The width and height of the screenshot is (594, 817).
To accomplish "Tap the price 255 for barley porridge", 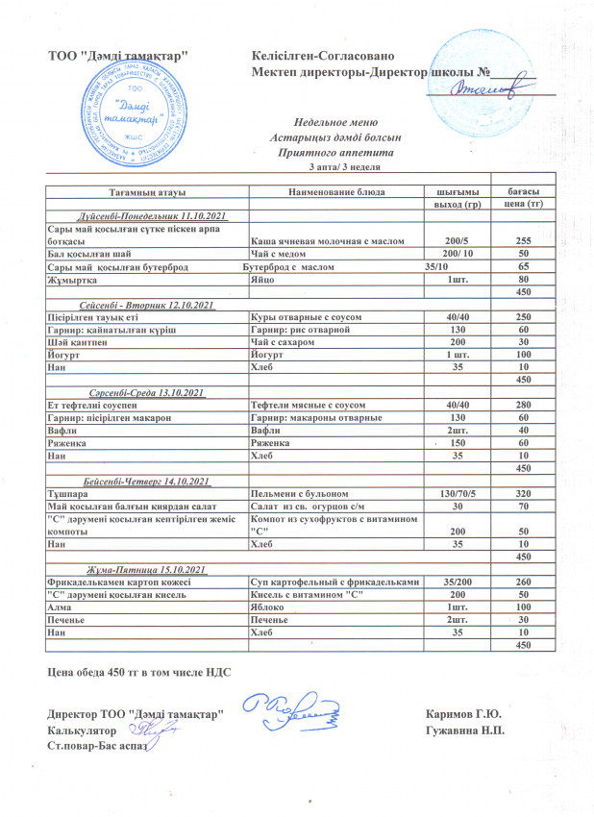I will [x=524, y=240].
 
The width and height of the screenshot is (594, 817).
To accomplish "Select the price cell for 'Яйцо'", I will [x=524, y=279].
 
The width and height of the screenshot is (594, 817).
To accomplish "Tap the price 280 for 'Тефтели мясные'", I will [x=524, y=406].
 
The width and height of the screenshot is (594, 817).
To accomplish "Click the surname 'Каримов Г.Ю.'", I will [x=468, y=714].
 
